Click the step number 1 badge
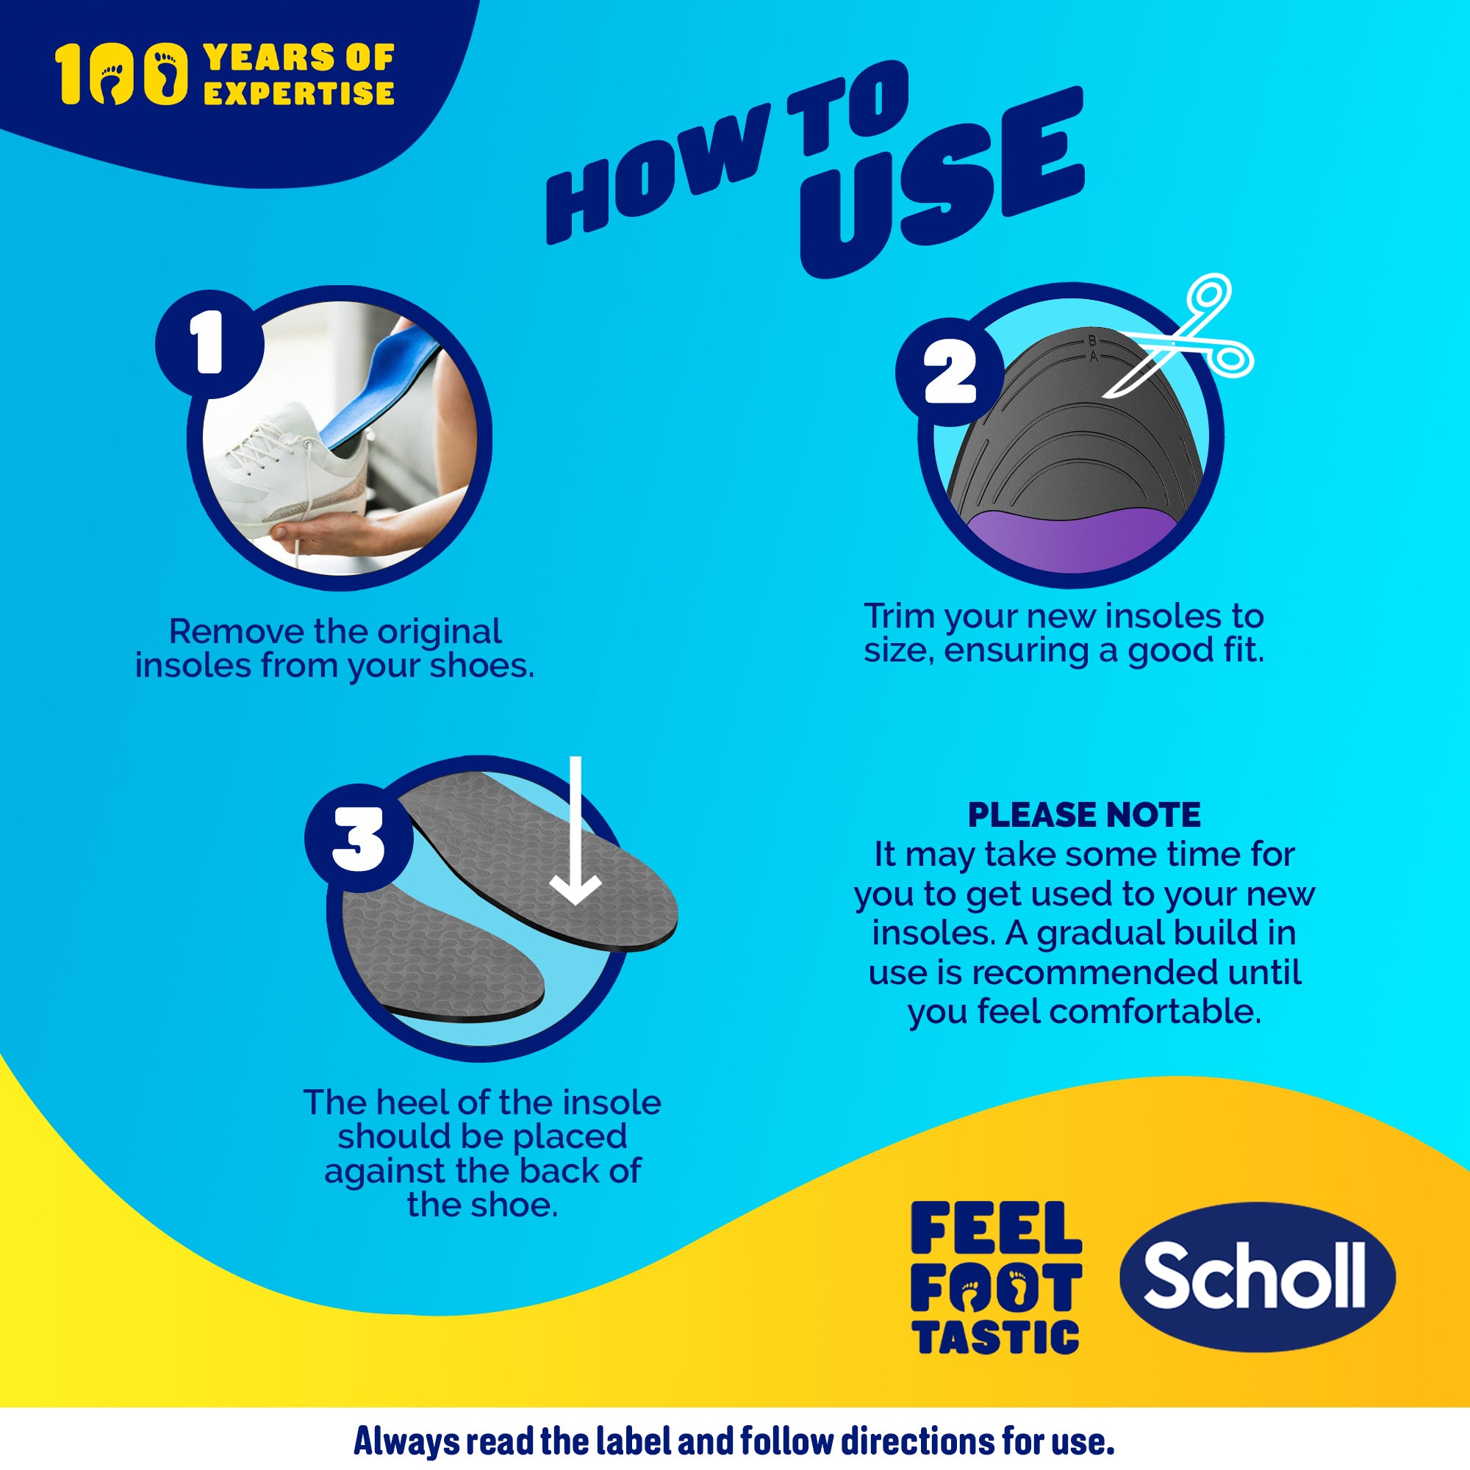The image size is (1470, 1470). coord(209,343)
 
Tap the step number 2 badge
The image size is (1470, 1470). coord(949,372)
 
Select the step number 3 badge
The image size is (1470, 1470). coord(359,839)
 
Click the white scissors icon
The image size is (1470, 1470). coord(1187,334)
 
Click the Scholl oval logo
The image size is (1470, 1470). coord(1257,1277)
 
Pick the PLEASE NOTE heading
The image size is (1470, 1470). coord(1083,816)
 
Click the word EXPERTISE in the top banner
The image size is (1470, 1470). coord(298,93)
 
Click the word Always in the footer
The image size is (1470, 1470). coord(406,1441)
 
